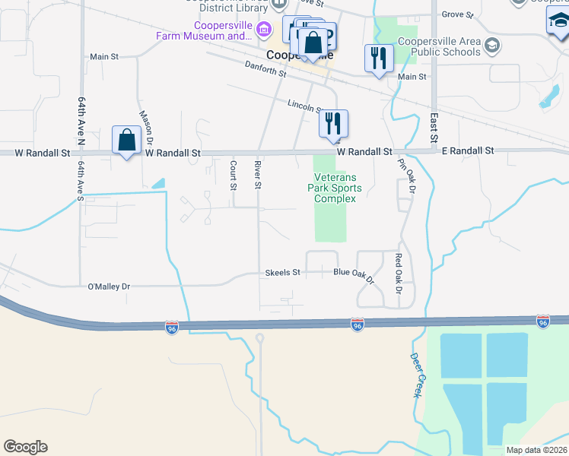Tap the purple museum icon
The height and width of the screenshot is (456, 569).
264,30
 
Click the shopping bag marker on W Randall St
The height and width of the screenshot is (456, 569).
126,141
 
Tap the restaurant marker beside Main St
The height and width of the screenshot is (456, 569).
379,59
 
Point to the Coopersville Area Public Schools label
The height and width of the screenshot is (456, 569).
445,46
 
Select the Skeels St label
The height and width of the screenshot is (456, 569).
283,272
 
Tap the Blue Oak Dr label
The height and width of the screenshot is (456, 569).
355,275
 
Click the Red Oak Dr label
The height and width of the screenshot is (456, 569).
398,274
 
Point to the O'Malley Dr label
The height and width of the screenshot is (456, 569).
110,287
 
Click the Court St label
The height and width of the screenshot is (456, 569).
234,174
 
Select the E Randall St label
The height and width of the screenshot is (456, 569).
468,151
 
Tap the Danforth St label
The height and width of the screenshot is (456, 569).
265,69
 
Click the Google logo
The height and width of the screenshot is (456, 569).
25,447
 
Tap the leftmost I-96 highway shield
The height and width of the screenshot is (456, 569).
172,328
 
